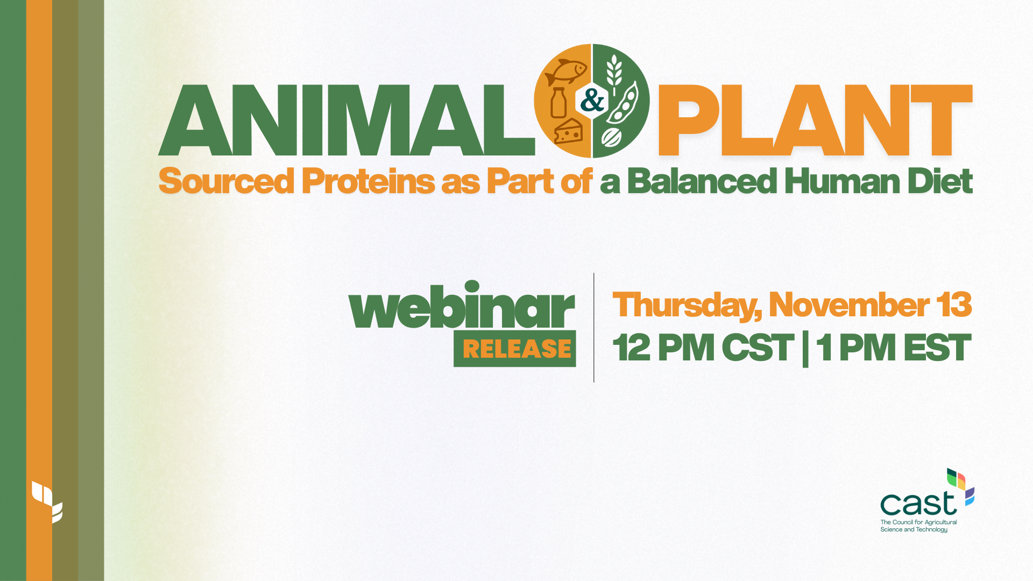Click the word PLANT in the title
pyautogui.click(x=815, y=121)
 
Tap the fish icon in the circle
pyautogui.click(x=565, y=72)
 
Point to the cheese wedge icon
pyautogui.click(x=568, y=132)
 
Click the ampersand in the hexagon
pyautogui.click(x=592, y=101)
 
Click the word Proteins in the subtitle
pyautogui.click(x=368, y=181)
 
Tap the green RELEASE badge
pyautogui.click(x=515, y=349)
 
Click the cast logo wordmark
pyautogui.click(x=918, y=504)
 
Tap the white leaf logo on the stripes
pyautogui.click(x=47, y=501)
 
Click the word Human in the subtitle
pyautogui.click(x=842, y=181)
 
